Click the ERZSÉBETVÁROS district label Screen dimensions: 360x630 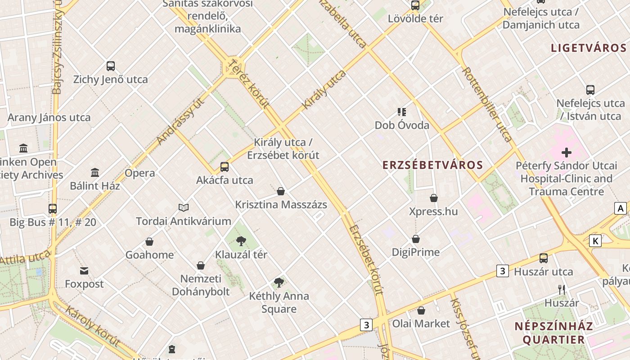[432, 165]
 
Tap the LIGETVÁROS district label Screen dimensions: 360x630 [589, 48]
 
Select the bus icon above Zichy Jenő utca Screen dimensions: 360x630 [111, 66]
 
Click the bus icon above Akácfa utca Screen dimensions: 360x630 [225, 167]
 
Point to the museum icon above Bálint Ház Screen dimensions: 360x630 [95, 172]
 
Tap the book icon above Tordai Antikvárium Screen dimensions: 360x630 [183, 207]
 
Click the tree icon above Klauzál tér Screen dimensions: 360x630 [241, 241]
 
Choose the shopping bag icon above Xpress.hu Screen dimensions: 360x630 [434, 198]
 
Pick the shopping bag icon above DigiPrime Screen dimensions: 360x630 [416, 239]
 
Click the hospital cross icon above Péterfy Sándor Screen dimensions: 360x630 [566, 153]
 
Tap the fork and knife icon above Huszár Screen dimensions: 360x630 [561, 289]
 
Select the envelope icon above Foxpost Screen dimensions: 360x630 [84, 270]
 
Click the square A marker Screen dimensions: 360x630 [621, 208]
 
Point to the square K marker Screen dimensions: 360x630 [595, 241]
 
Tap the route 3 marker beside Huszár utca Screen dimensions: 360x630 [503, 271]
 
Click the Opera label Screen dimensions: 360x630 [139, 173]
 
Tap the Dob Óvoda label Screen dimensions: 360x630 [402, 125]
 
